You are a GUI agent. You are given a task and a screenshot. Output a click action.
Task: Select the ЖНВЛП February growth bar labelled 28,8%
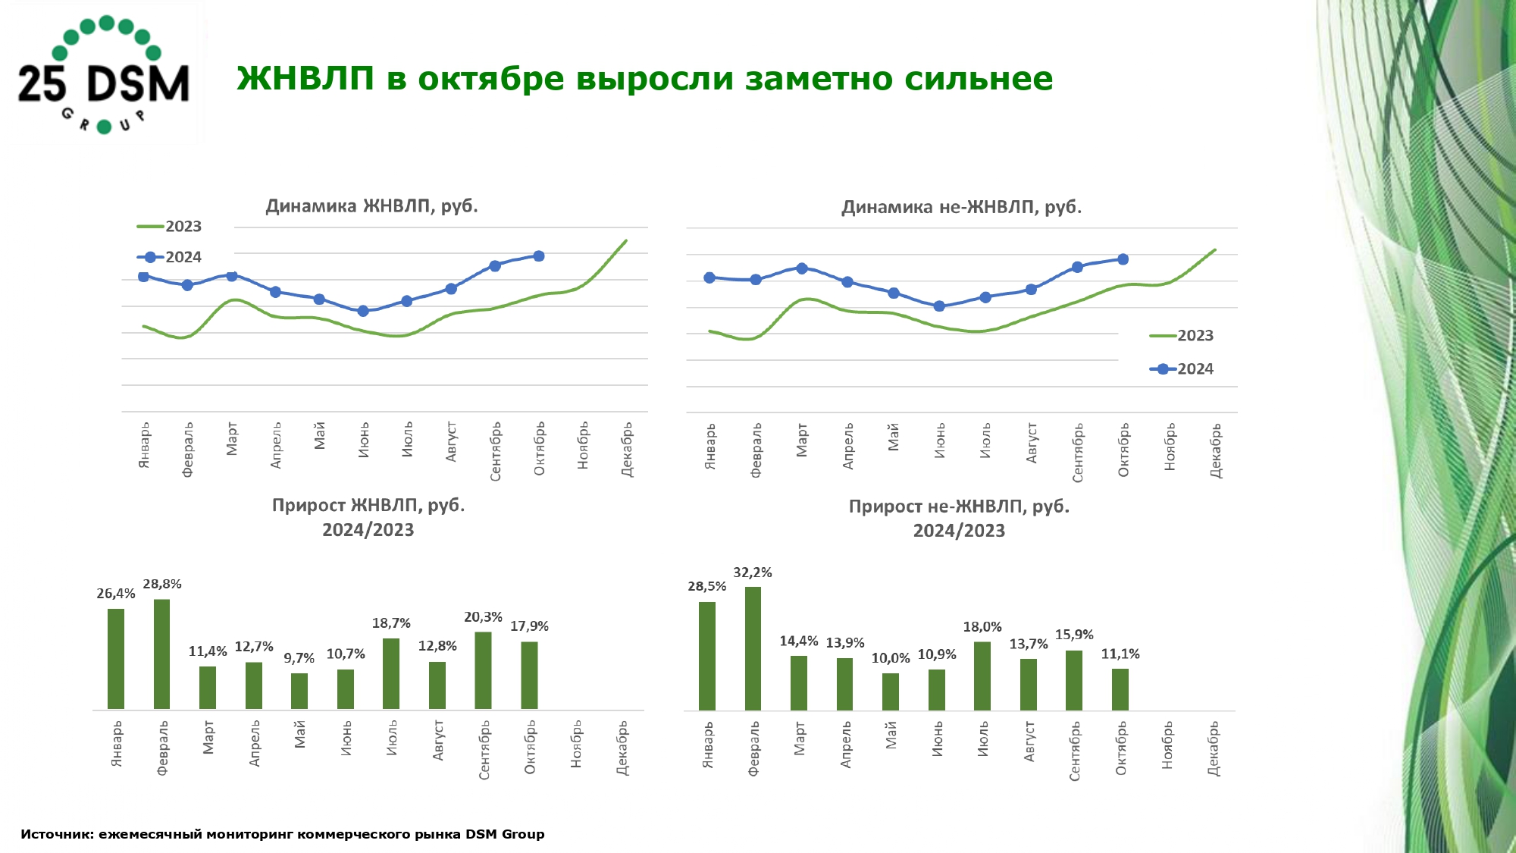click(x=161, y=654)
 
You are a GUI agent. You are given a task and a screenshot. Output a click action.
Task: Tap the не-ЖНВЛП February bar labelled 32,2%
click(x=753, y=648)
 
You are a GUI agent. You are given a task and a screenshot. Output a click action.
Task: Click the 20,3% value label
click(x=483, y=617)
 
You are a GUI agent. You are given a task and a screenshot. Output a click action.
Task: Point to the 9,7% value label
click(x=299, y=658)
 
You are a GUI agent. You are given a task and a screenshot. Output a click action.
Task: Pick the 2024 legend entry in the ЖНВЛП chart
click(x=170, y=257)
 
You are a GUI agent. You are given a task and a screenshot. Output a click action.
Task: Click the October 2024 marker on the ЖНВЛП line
click(x=539, y=256)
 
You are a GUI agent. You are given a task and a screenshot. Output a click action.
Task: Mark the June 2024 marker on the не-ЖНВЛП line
click(x=939, y=306)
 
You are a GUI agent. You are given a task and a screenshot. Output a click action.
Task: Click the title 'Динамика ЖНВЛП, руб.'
click(x=371, y=206)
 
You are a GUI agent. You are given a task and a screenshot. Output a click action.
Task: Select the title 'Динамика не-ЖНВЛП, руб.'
click(x=961, y=207)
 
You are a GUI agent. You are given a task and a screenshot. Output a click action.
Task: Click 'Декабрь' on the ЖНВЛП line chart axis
click(x=627, y=450)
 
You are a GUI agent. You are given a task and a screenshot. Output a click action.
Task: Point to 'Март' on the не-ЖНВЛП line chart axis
click(x=802, y=440)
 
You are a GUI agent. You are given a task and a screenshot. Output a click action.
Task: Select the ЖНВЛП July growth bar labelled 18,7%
click(x=391, y=673)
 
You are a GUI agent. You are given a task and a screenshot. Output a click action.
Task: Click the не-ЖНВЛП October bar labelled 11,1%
click(x=1120, y=688)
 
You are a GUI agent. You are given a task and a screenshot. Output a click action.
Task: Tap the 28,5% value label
click(x=706, y=586)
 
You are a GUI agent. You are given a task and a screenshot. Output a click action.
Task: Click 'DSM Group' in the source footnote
click(x=505, y=834)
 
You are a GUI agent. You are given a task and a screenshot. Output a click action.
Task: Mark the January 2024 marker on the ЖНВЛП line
click(x=143, y=277)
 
